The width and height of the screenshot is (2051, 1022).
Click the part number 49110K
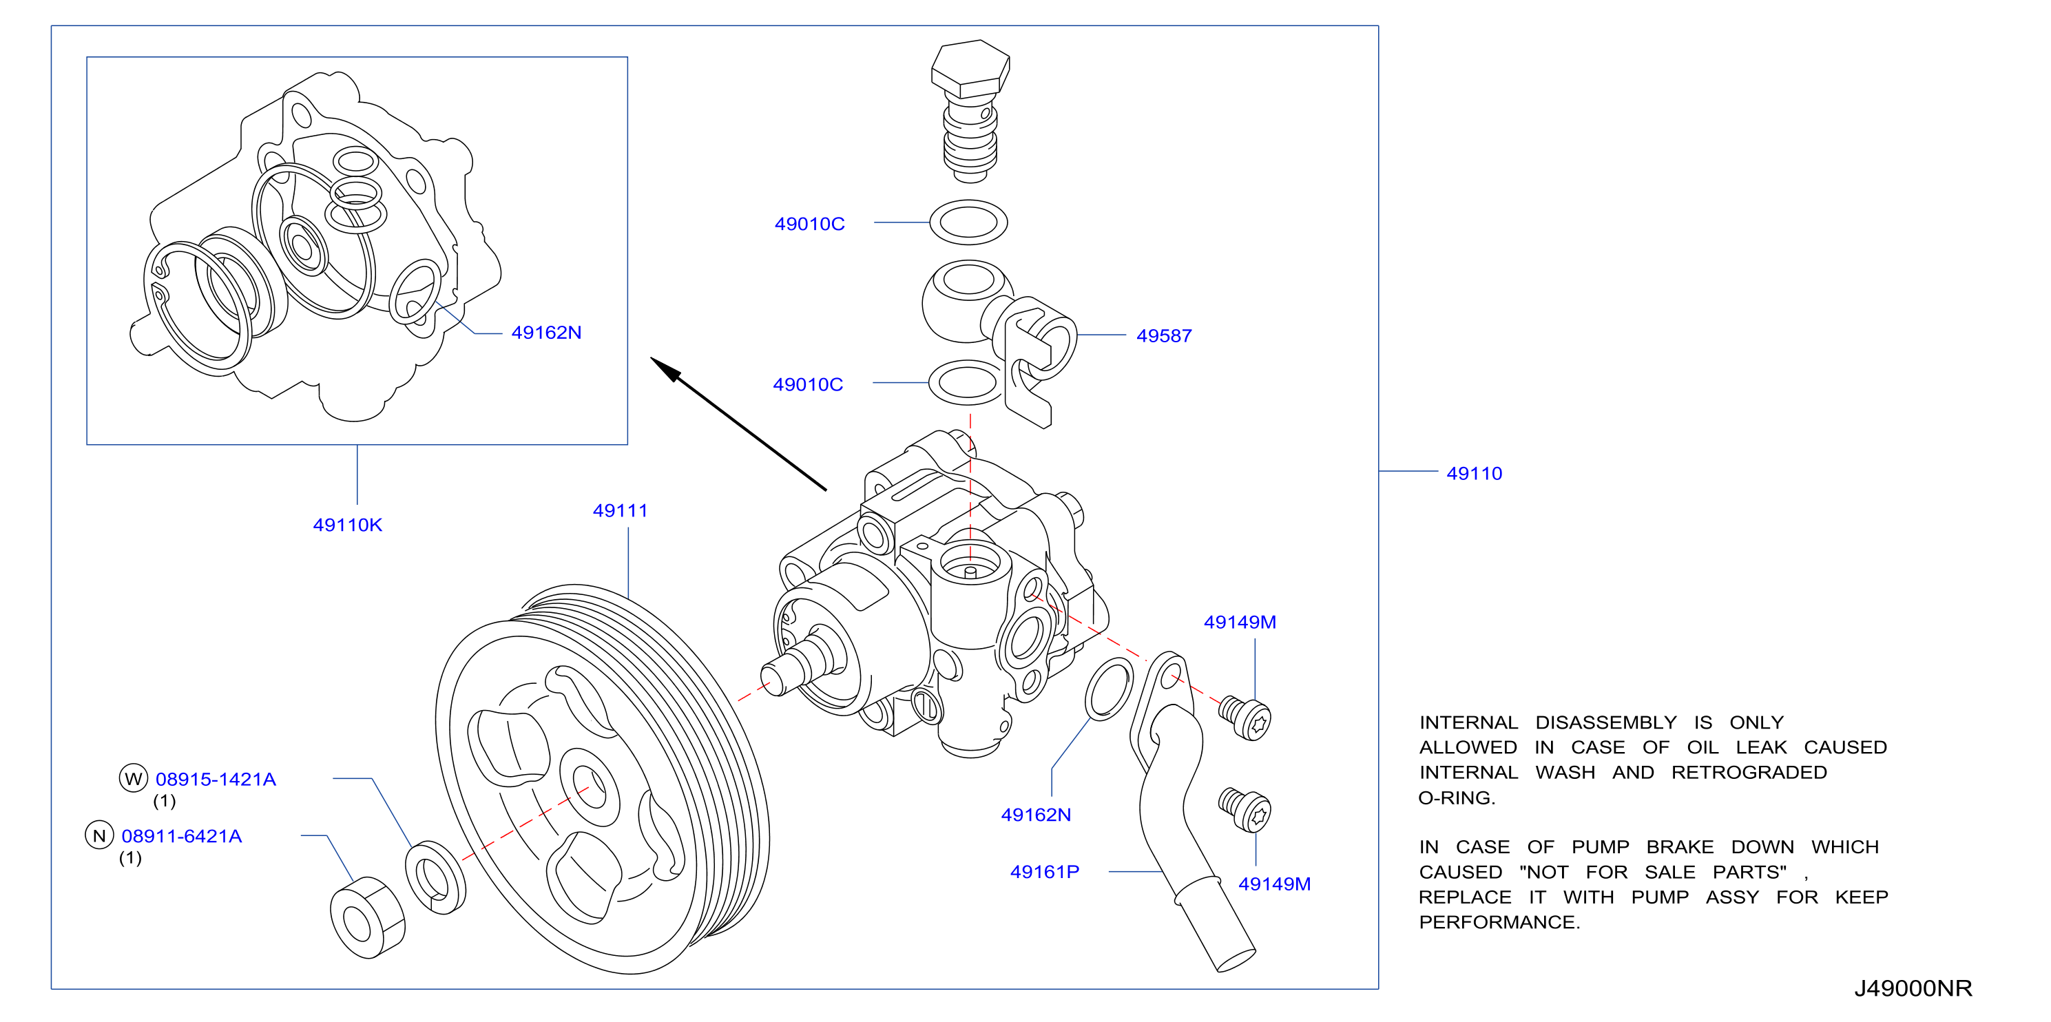(x=347, y=525)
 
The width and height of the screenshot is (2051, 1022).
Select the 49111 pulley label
(x=621, y=511)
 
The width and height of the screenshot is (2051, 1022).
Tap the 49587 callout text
(x=1164, y=336)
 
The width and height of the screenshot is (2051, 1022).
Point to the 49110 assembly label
(x=1475, y=474)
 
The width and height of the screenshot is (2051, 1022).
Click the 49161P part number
(x=1045, y=873)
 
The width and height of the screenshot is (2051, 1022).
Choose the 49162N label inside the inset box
(x=546, y=333)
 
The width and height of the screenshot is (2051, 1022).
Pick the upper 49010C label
(x=810, y=225)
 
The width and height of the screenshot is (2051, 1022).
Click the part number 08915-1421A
(x=216, y=779)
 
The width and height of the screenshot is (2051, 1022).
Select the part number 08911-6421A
(x=182, y=837)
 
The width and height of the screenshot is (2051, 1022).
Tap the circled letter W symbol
(x=134, y=778)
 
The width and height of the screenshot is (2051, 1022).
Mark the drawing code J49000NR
(x=1913, y=988)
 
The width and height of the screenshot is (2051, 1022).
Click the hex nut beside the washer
(x=367, y=919)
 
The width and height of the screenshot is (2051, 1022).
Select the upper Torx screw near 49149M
(x=1245, y=719)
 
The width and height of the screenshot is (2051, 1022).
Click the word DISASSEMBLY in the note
(x=1606, y=722)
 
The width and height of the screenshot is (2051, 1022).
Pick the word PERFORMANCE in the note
(x=1499, y=923)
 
